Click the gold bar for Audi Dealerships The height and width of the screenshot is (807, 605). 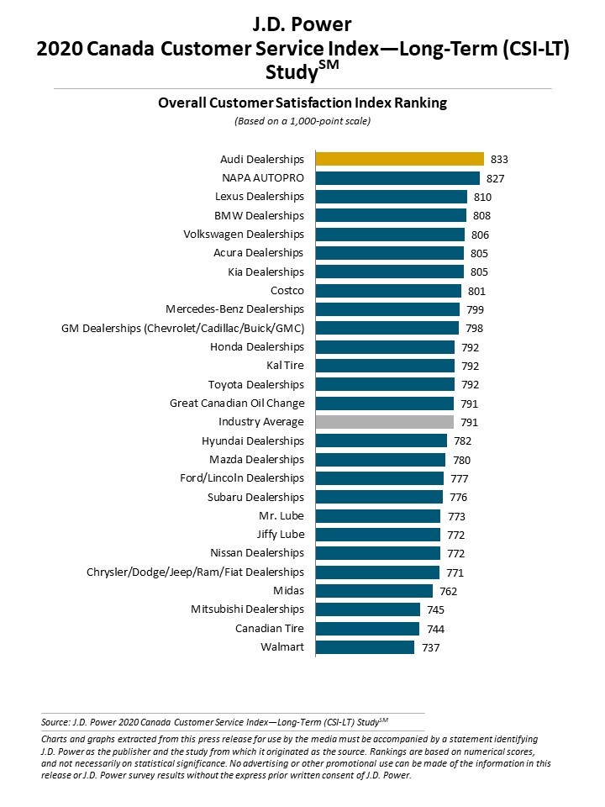point(399,159)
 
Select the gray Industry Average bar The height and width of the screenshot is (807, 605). point(384,422)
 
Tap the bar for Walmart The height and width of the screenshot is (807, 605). point(365,647)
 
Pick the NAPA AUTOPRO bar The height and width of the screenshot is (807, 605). point(397,178)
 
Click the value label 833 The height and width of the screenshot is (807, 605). point(500,160)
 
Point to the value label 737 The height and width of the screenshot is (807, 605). point(430,647)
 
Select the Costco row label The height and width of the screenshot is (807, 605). point(287,291)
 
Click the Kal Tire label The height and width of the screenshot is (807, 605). point(285,366)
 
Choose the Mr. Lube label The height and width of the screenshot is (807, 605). point(281,516)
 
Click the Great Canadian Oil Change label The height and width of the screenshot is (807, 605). point(237,403)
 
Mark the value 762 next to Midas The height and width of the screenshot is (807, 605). point(448,591)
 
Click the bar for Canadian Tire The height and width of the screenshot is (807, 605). point(367,629)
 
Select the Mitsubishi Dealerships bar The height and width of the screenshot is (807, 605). point(367,609)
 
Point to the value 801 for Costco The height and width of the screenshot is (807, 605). point(476,291)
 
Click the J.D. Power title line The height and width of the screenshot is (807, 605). point(302,24)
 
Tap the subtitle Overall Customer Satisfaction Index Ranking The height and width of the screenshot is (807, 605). point(302,103)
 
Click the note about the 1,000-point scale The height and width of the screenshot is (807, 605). point(302,121)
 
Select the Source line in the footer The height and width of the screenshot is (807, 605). point(214,721)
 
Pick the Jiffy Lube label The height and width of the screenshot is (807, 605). point(281,535)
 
